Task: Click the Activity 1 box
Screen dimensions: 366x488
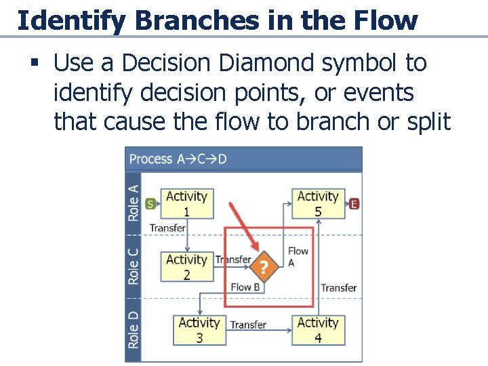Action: [186, 203]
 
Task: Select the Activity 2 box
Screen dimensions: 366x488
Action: [186, 267]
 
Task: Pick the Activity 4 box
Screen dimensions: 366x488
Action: [318, 330]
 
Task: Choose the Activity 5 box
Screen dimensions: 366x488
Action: [318, 203]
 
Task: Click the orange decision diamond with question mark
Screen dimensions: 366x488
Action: [264, 267]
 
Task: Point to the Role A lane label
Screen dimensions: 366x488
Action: [134, 203]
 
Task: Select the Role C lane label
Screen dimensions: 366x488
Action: [134, 266]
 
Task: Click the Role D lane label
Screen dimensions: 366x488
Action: [134, 329]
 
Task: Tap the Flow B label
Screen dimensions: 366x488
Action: [245, 287]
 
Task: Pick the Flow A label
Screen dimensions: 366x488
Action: [298, 256]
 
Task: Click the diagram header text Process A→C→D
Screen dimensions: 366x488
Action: [178, 159]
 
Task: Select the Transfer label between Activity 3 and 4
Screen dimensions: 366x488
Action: [247, 325]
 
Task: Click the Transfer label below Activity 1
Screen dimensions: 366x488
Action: [167, 228]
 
